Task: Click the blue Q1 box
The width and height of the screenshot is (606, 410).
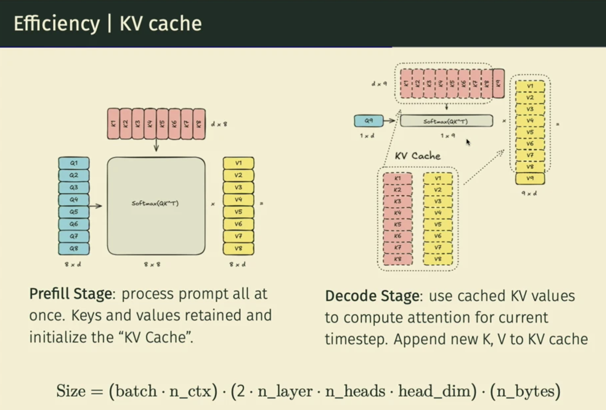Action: coord(74,163)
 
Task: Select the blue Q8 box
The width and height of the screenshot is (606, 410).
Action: coord(74,249)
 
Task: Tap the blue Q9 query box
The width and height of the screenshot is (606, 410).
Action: coord(368,121)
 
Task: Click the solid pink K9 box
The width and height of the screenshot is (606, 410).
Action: coord(498,83)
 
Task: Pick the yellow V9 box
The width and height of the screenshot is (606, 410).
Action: coord(530,178)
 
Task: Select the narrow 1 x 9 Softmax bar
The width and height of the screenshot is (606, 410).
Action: coord(446,121)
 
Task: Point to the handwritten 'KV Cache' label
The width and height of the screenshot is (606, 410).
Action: coord(418,156)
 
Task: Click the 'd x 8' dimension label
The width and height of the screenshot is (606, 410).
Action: coord(219,124)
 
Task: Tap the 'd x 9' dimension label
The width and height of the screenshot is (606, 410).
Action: coord(379,84)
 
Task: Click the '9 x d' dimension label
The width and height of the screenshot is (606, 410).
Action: coord(529,193)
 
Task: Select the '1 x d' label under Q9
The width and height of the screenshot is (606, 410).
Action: coord(367,135)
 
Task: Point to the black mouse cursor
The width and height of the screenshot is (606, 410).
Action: coord(468,142)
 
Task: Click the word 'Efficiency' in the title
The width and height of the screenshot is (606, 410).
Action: coord(57,24)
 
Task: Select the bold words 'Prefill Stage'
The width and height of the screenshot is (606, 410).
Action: coord(71,293)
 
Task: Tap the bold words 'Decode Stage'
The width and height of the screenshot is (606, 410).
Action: coord(372,296)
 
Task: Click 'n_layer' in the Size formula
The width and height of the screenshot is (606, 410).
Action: coord(285,391)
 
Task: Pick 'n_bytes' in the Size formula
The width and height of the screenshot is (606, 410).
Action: coord(525,391)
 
